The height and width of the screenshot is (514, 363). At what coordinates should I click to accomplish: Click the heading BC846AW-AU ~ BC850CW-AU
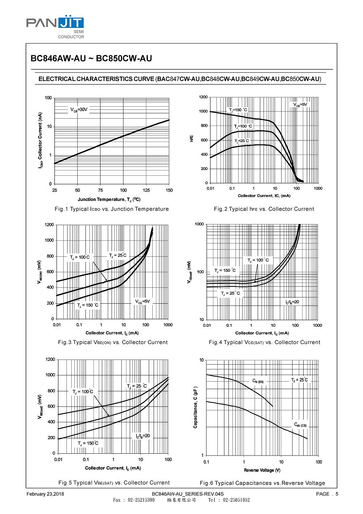click(x=91, y=58)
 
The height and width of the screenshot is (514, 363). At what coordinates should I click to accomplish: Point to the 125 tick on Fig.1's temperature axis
click(x=147, y=190)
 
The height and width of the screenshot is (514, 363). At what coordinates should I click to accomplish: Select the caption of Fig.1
click(x=111, y=209)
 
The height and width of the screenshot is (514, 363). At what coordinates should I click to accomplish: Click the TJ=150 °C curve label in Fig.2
click(x=238, y=110)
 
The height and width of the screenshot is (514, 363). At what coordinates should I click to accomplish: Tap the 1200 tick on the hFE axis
click(x=203, y=97)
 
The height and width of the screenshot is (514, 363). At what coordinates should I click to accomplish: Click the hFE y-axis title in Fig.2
click(x=192, y=139)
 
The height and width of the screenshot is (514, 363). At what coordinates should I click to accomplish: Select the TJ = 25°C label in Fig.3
click(x=118, y=255)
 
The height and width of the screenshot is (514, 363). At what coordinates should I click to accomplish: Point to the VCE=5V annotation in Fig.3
click(x=143, y=301)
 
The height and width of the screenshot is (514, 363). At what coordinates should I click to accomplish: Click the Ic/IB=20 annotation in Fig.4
click(x=292, y=302)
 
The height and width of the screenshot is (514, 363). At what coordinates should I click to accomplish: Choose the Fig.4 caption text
click(x=264, y=342)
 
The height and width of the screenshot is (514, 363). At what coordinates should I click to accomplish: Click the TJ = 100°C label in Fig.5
click(x=83, y=391)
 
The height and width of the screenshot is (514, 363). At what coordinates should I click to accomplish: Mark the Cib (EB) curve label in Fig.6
click(x=258, y=381)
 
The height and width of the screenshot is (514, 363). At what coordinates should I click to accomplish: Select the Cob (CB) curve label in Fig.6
click(x=300, y=425)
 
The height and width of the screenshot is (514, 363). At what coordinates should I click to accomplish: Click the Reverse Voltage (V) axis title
click(x=262, y=470)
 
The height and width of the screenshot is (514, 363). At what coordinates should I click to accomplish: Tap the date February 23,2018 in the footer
click(x=46, y=494)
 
